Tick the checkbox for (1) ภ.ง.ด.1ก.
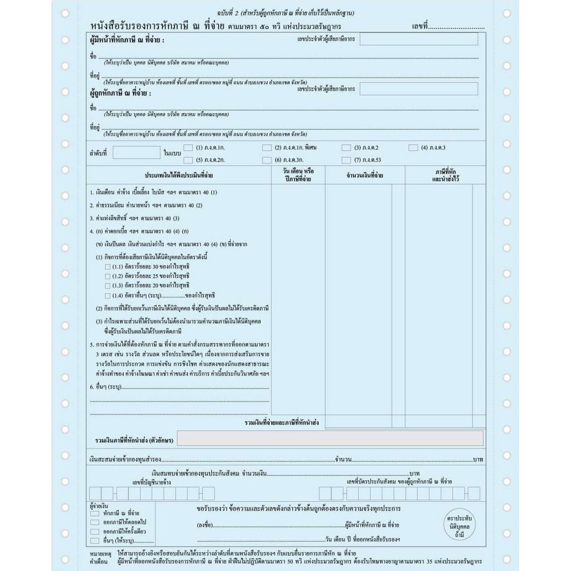pos(188,148)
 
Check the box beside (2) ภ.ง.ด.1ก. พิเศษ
pos(267,148)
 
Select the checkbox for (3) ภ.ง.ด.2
pos(346,148)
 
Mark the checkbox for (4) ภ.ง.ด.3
pos(413,148)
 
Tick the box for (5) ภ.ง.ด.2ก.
pos(188,160)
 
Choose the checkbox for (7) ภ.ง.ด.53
pos(346,160)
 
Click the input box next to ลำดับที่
pos(136,152)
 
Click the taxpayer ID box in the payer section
pos(419,39)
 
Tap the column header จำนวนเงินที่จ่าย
pos(365,176)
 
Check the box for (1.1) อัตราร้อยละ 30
pos(108,267)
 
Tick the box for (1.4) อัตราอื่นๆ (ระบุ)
pos(108,295)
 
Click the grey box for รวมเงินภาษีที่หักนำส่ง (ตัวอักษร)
pos(330,438)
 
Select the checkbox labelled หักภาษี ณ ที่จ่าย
pos(95,512)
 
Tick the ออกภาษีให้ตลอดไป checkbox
pos(95,522)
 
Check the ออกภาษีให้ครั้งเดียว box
pos(95,531)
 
